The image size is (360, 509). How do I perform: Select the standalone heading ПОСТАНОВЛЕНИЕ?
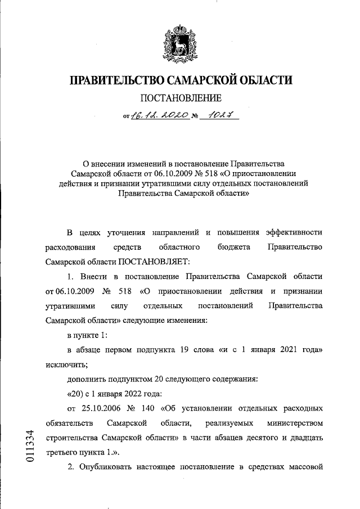180,99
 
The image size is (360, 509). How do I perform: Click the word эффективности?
289,232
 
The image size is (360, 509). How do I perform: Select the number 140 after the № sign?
148,407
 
